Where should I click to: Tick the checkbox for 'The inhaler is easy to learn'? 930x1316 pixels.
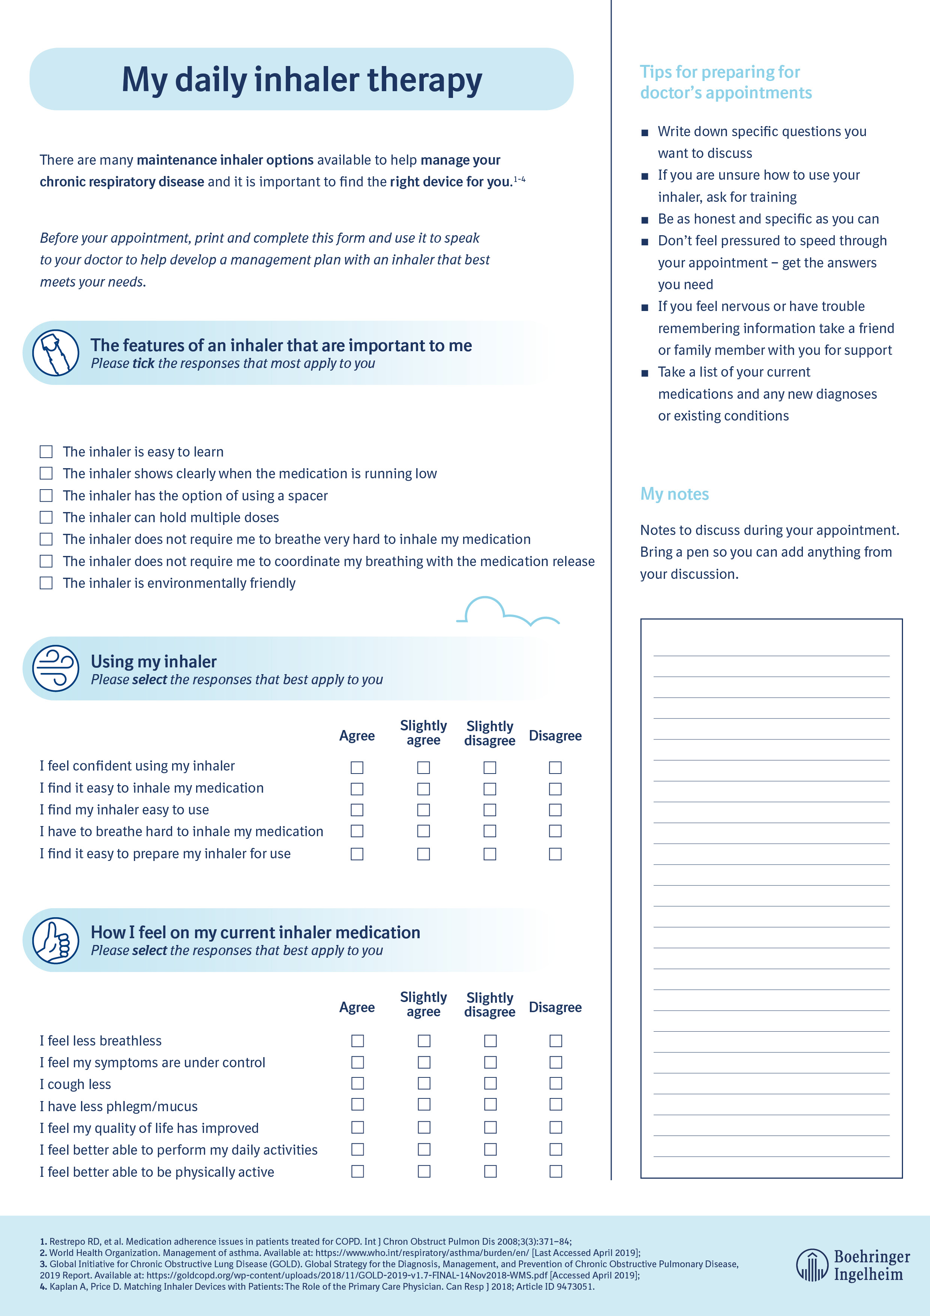tap(46, 452)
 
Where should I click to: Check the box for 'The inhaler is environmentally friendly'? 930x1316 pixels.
tap(46, 583)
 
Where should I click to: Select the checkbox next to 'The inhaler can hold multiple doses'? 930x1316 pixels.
tap(46, 517)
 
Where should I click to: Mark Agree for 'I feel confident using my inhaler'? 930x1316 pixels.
tap(357, 767)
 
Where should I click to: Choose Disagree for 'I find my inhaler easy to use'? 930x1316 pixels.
tap(555, 810)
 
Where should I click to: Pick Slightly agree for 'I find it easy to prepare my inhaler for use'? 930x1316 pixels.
tap(423, 854)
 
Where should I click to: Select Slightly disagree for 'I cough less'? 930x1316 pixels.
tap(490, 1083)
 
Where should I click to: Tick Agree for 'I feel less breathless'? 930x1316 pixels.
tap(357, 1040)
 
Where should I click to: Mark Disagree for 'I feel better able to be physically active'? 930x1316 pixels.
tap(555, 1171)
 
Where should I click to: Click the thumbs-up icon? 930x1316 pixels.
tap(55, 940)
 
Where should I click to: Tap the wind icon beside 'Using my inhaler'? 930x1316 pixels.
tap(55, 669)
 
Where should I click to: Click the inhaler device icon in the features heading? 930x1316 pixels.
tap(55, 353)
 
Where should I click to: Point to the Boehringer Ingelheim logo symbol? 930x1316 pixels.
tap(811, 1265)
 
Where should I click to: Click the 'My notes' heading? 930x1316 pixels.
tap(674, 494)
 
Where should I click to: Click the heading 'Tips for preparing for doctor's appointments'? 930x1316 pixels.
tap(725, 82)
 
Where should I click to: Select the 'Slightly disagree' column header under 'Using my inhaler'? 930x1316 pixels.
tap(489, 733)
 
